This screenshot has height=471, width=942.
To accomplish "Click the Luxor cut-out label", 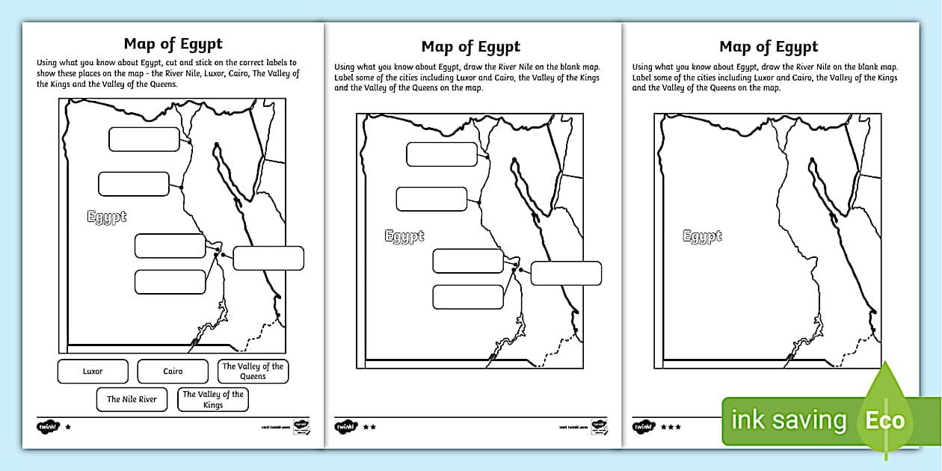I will click(x=93, y=372).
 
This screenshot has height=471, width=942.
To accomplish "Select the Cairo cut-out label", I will click(x=173, y=372).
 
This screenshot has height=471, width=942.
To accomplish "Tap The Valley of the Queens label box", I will click(x=253, y=372).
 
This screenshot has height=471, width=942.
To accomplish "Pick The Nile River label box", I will click(x=132, y=399).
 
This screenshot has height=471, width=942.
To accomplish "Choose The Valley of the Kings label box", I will click(x=213, y=399).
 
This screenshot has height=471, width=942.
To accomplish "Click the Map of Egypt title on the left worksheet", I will click(x=173, y=43).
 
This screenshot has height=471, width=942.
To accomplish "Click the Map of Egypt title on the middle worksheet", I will click(x=470, y=47).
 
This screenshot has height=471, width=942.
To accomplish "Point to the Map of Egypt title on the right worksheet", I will click(x=769, y=47).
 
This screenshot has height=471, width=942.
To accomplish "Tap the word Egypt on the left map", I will click(x=107, y=218).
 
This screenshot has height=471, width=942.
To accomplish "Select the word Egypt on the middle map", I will click(x=404, y=236).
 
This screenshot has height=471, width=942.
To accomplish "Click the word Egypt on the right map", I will click(x=702, y=236).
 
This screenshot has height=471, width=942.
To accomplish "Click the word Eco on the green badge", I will click(x=885, y=420).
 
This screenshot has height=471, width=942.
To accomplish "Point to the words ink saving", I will click(x=788, y=421).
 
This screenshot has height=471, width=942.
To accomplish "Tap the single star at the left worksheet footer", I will click(x=69, y=427).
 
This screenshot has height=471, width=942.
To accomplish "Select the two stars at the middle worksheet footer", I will click(x=369, y=427).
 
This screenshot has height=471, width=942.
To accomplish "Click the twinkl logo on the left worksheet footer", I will click(x=48, y=427).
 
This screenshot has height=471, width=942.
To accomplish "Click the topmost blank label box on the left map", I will click(x=144, y=139).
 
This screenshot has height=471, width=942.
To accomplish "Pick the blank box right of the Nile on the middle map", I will click(x=566, y=273).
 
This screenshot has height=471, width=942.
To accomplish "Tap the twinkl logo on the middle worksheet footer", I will click(x=346, y=427).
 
